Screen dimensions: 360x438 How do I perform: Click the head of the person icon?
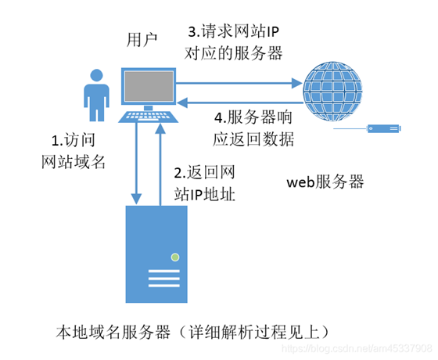tap(96, 77)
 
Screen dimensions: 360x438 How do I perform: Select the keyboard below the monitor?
tap(148, 118)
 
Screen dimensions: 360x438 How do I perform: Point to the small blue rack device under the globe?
tap(384, 128)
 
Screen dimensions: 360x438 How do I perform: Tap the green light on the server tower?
tap(176, 257)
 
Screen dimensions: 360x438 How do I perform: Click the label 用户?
tap(143, 40)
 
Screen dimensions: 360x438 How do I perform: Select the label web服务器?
tap(325, 182)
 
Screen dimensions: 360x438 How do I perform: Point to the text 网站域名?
tap(72, 162)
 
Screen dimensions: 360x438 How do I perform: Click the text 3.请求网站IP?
tap(235, 33)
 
